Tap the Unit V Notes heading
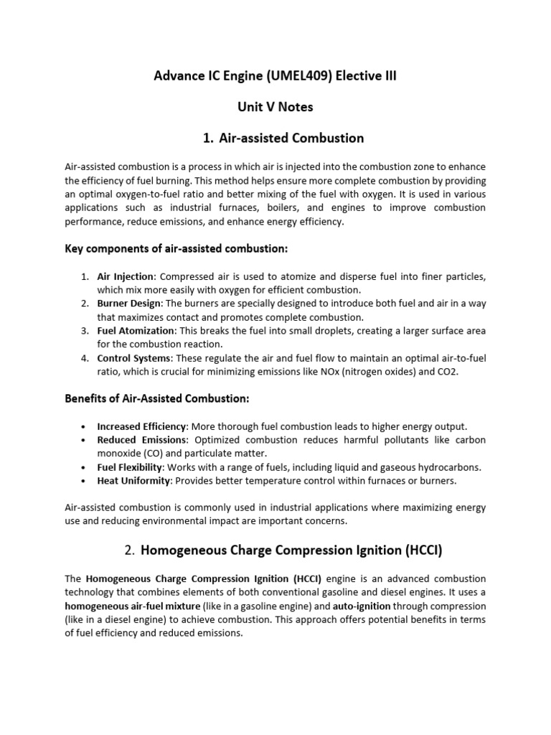pos(275,107)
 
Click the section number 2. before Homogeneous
pos(129,551)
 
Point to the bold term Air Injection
pos(125,276)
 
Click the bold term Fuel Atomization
pos(136,331)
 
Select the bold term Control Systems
pos(133,358)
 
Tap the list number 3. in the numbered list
pos(85,331)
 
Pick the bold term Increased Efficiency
pos(141,426)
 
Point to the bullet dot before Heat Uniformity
pos(85,481)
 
